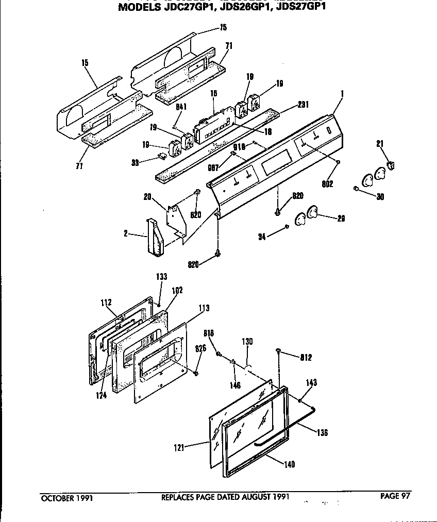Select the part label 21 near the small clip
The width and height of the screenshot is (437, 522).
click(x=380, y=144)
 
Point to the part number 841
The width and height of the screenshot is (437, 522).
click(x=181, y=107)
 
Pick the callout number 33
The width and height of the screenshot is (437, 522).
click(x=135, y=162)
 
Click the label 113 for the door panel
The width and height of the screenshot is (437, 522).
click(x=204, y=309)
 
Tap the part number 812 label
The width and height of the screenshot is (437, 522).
click(x=306, y=357)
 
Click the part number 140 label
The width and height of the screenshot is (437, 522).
click(x=290, y=464)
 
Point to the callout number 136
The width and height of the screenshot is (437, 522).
click(x=322, y=432)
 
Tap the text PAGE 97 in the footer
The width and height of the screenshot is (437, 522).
click(x=395, y=496)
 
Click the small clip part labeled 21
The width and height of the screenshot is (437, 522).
click(x=391, y=165)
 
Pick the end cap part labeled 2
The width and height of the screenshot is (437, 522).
click(x=154, y=237)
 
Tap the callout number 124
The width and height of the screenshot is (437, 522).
click(x=102, y=396)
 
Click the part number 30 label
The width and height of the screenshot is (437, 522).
click(x=380, y=196)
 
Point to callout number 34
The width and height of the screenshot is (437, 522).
click(x=262, y=237)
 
